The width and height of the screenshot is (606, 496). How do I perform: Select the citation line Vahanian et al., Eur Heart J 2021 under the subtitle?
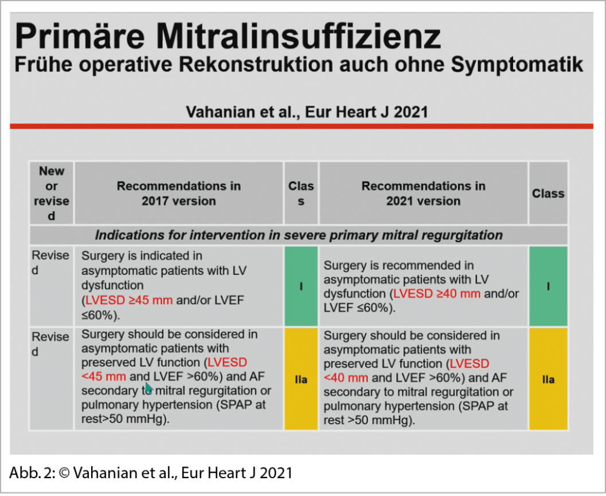pyautogui.click(x=307, y=111)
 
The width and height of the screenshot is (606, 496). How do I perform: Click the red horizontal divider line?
pyautogui.click(x=302, y=126)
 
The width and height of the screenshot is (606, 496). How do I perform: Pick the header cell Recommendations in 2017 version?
pyautogui.click(x=179, y=193)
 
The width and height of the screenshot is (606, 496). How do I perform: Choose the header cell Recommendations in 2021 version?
pyautogui.click(x=423, y=193)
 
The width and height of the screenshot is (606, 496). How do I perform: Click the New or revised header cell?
pyautogui.click(x=51, y=193)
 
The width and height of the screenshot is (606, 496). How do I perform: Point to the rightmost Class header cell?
pyautogui.click(x=548, y=193)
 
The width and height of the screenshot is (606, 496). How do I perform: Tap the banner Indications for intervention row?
pyautogui.click(x=299, y=235)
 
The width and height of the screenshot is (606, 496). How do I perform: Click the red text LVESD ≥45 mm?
pyautogui.click(x=130, y=300)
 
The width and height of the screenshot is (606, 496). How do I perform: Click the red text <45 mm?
pyautogui.click(x=104, y=376)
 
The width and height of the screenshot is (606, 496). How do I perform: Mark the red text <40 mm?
pyautogui.click(x=346, y=378)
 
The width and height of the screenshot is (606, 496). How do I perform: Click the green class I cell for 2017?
pyautogui.click(x=301, y=286)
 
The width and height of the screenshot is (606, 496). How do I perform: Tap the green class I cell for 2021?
pyautogui.click(x=548, y=286)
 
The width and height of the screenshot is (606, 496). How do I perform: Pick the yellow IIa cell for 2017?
pyautogui.click(x=301, y=379)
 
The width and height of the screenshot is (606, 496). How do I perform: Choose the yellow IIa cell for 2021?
pyautogui.click(x=548, y=379)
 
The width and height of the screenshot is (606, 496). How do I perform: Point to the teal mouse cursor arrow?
pyautogui.click(x=148, y=388)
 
